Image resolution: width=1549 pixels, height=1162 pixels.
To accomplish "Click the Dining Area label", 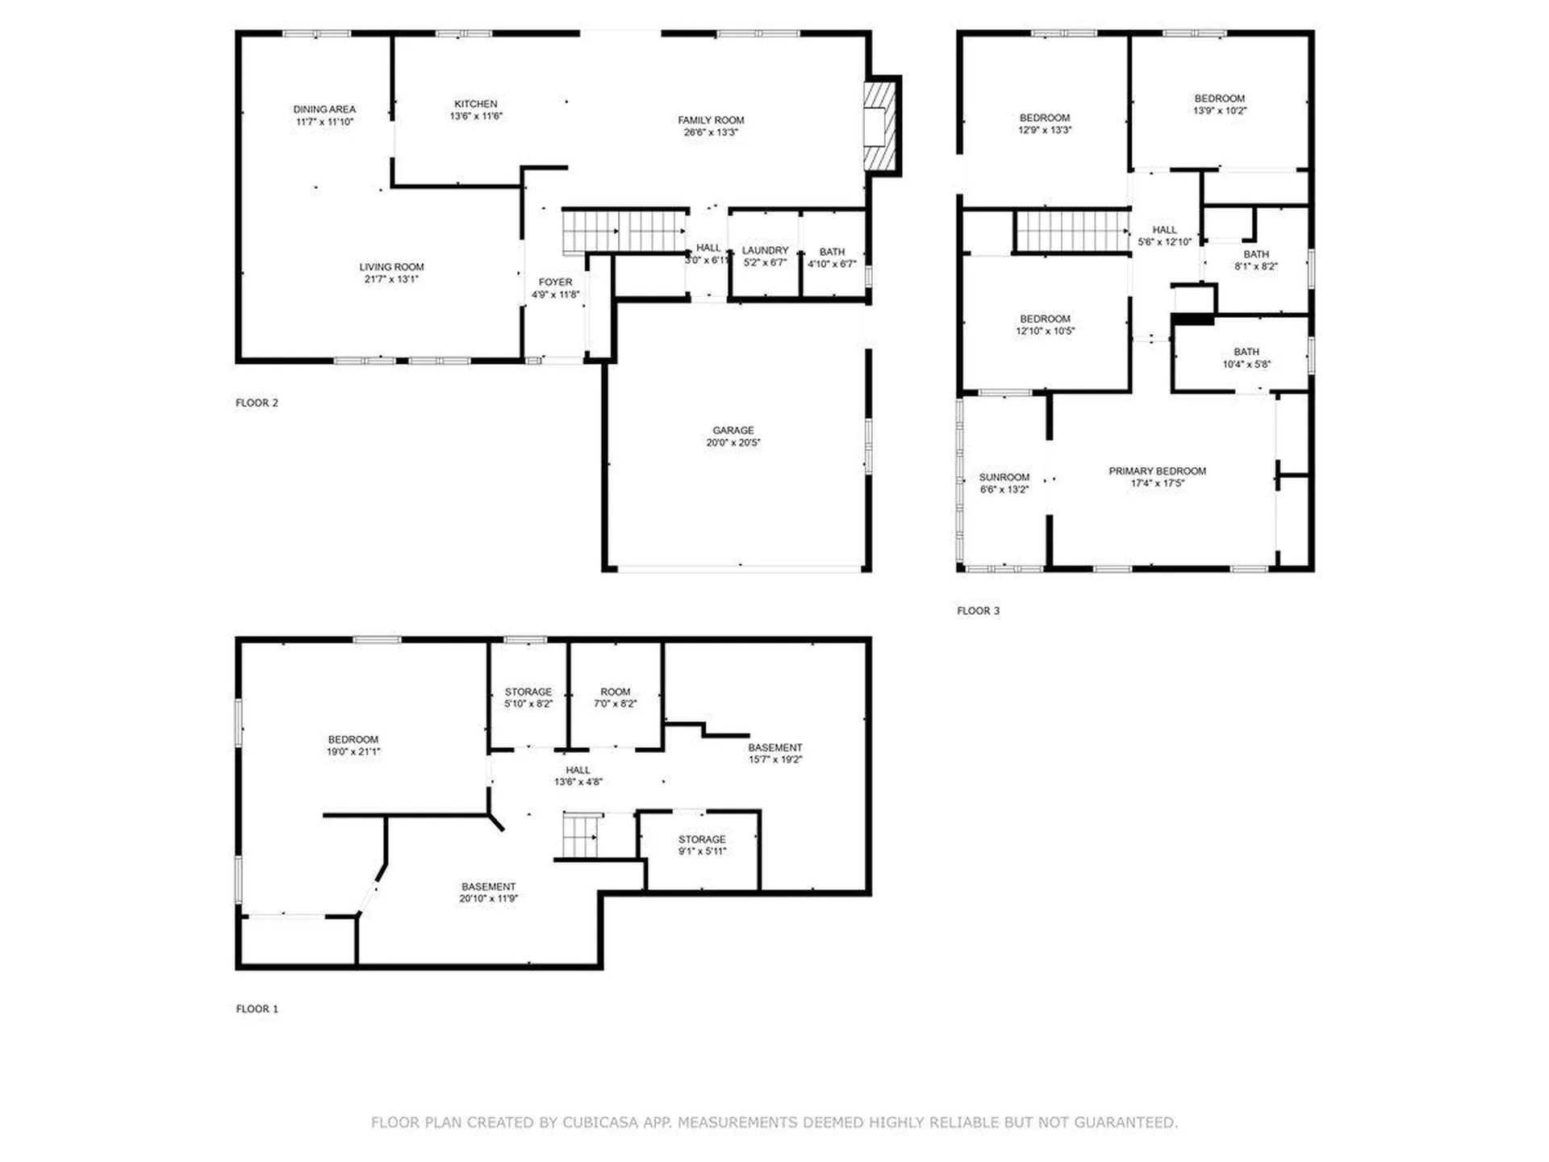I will [x=324, y=110].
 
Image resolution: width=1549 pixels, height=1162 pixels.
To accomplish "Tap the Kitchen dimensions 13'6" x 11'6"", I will [x=475, y=116].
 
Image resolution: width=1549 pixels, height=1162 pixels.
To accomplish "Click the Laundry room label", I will [x=765, y=251].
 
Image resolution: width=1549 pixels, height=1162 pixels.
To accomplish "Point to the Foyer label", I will [x=555, y=282].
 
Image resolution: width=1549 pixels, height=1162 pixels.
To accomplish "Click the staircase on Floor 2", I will [x=624, y=231].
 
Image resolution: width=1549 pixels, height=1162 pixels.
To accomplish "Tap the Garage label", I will [x=733, y=430].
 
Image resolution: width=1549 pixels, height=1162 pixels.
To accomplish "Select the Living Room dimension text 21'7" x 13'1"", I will [x=391, y=279].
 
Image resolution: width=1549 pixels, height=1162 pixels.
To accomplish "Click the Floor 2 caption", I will [x=257, y=403].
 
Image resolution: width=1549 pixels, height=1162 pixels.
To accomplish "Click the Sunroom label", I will [x=1004, y=477].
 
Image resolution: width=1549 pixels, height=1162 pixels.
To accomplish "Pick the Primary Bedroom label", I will [x=1156, y=471].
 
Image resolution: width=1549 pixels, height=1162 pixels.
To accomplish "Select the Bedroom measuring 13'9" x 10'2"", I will [x=1219, y=105].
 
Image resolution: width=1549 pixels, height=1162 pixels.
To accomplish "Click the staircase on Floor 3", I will [x=1071, y=231].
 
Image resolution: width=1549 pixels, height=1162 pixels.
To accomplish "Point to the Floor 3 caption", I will [x=978, y=611].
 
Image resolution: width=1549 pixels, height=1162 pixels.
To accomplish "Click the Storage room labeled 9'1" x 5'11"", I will [x=702, y=845].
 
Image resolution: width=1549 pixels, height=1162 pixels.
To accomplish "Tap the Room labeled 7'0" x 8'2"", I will [x=615, y=697].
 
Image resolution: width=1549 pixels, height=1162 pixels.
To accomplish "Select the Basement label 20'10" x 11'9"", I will [x=488, y=892].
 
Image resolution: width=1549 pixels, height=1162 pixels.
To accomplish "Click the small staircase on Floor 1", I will [x=581, y=836].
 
